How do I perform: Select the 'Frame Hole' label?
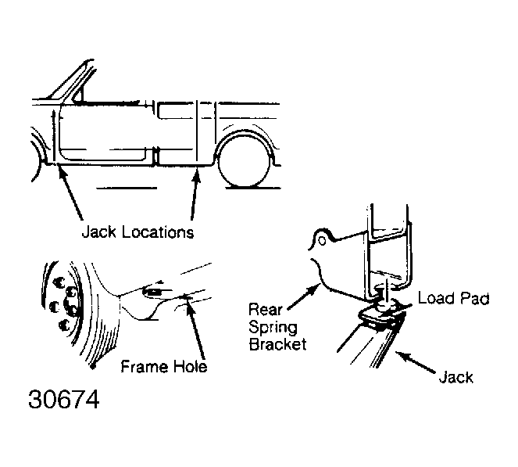pyautogui.click(x=165, y=366)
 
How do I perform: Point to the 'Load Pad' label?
pyautogui.click(x=452, y=299)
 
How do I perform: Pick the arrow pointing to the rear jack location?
pyautogui.click(x=194, y=196)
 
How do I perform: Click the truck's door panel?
pyautogui.click(x=102, y=129)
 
